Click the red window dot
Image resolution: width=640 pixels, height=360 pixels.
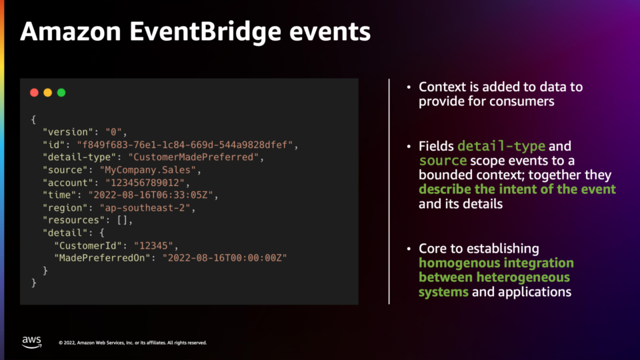(34, 93)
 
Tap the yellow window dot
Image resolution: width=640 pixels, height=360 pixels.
(48, 93)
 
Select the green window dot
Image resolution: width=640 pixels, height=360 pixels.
(61, 93)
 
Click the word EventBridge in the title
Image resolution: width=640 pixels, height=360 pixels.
(205, 32)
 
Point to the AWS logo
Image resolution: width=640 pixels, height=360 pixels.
(32, 342)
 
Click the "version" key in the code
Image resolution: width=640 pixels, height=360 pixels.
(68, 132)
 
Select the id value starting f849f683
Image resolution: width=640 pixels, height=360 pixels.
(185, 145)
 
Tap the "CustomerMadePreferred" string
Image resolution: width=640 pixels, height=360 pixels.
(193, 157)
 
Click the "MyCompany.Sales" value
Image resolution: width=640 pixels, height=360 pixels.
(148, 170)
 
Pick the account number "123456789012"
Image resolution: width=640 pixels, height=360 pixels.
(145, 183)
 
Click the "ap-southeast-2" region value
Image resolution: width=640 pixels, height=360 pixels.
(145, 208)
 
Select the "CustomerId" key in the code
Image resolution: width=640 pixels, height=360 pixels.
(88, 246)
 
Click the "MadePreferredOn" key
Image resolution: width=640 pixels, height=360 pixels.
(102, 258)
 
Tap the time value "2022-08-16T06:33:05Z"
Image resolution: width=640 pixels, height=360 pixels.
(151, 195)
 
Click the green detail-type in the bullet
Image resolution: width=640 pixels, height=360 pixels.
(501, 146)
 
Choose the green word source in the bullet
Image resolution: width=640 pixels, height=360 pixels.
(443, 161)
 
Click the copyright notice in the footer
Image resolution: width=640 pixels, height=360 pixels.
(133, 343)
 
